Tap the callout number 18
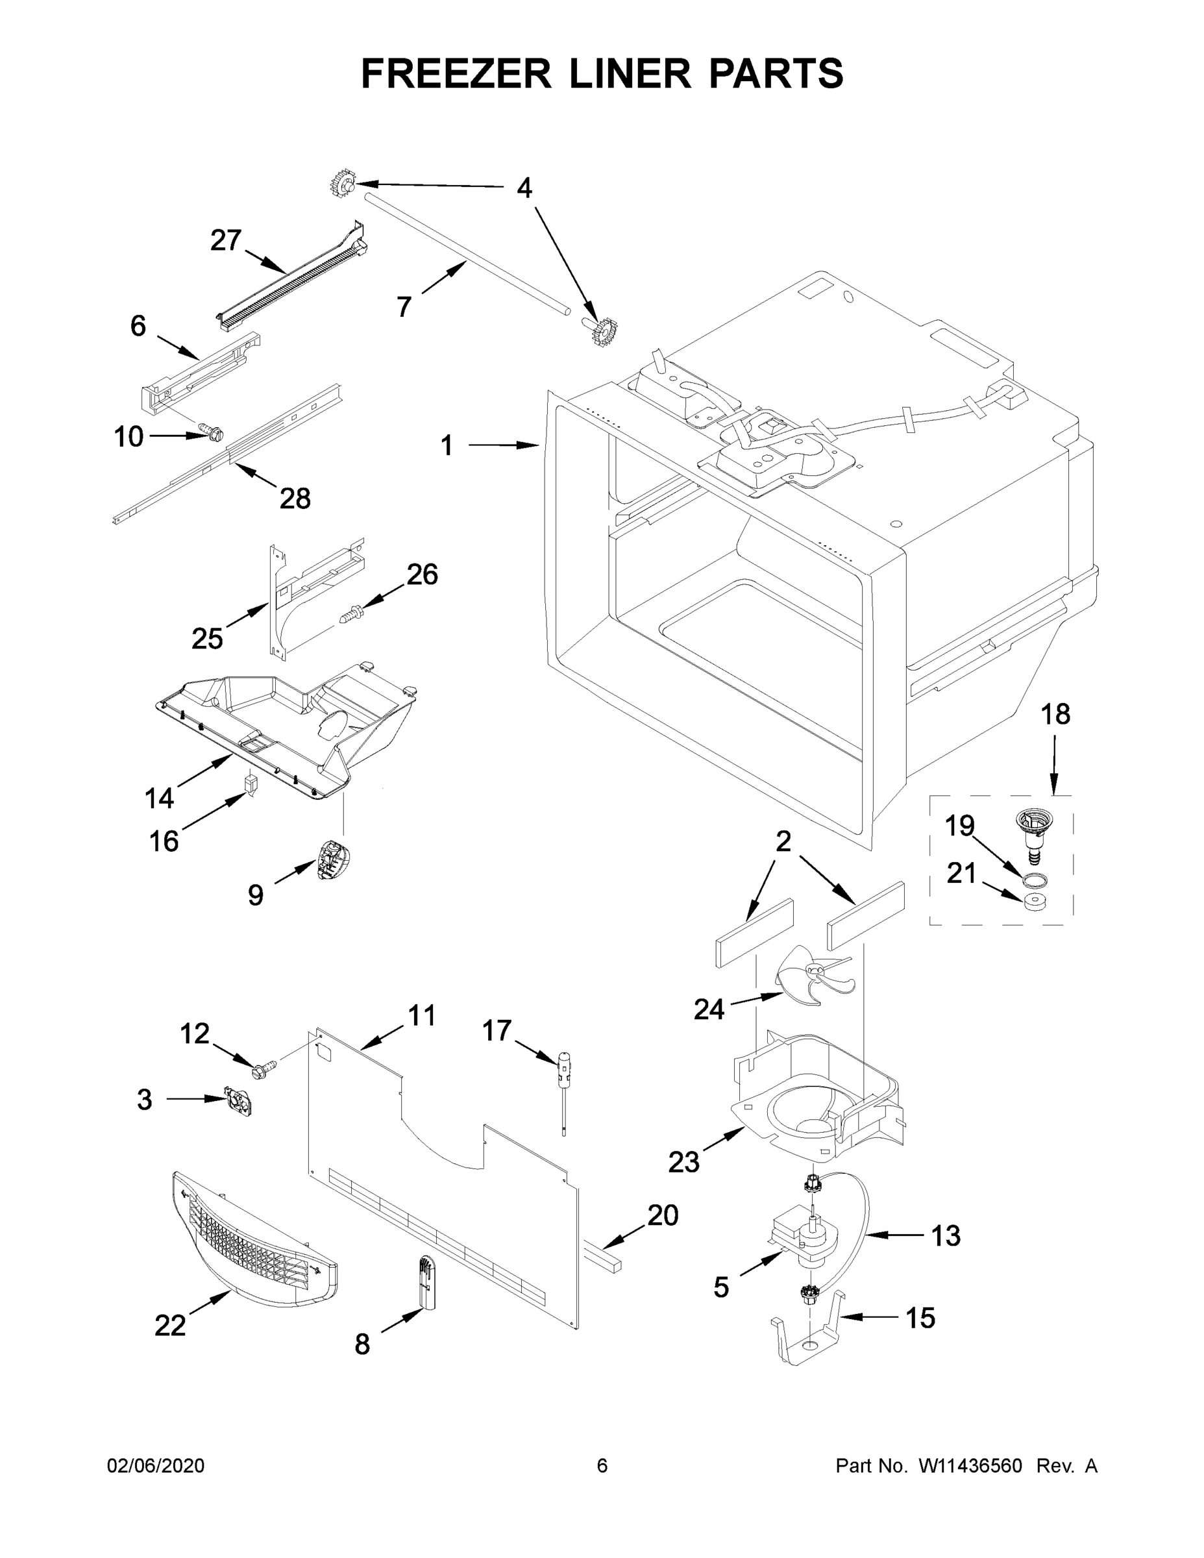(1055, 714)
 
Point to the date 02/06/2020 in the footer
(156, 1465)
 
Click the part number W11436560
(970, 1465)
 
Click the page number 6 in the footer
(602, 1465)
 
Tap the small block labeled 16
(251, 784)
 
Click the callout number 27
(225, 240)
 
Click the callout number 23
(683, 1163)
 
